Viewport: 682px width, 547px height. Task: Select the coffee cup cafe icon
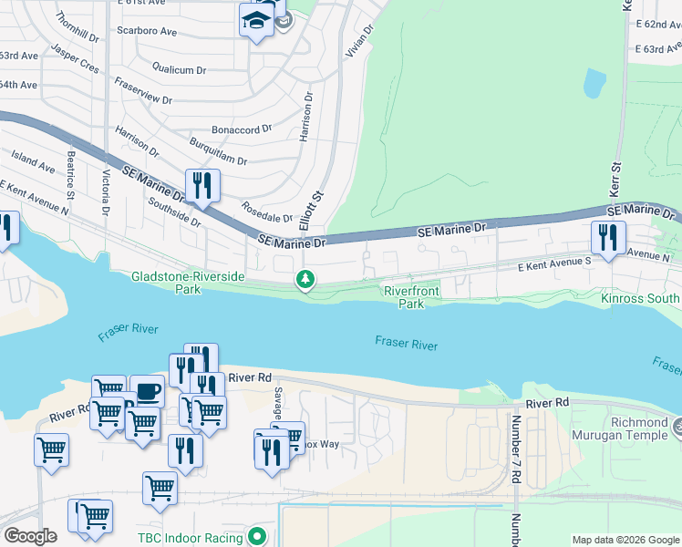(147, 392)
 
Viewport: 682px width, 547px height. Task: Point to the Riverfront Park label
(411, 297)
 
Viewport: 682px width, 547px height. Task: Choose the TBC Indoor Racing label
(190, 538)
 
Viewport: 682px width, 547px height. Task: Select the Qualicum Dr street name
(179, 67)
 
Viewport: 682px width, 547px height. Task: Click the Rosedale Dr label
(266, 212)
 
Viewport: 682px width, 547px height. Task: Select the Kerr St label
(615, 182)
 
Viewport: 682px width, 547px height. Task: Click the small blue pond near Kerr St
(594, 84)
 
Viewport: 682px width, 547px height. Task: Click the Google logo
(30, 536)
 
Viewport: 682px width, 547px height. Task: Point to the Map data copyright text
(625, 540)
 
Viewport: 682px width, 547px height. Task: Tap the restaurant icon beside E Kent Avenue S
(606, 238)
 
